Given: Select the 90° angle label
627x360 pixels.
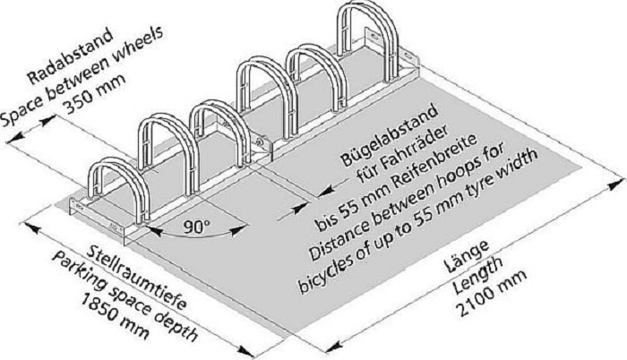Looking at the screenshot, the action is click(197, 227).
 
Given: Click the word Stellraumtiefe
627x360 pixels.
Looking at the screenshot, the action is click(136, 277).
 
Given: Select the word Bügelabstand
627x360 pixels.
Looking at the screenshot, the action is click(391, 132).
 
